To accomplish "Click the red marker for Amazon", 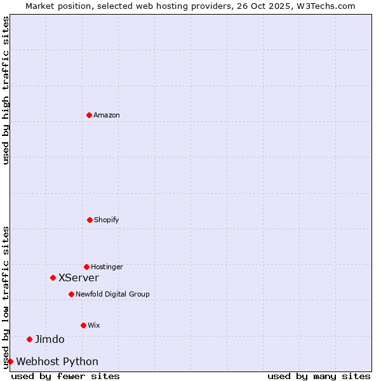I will click(89, 115).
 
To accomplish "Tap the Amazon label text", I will click(107, 116).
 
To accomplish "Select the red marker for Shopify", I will click(90, 220).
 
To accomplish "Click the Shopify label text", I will click(107, 220).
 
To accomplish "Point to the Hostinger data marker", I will click(86, 267).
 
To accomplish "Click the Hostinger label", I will click(107, 267).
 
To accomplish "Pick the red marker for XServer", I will click(53, 277).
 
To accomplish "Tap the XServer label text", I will click(79, 278).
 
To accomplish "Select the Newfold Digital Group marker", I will click(71, 294).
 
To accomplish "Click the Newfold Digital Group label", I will click(112, 295).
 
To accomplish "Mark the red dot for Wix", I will click(83, 325).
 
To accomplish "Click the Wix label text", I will click(94, 326).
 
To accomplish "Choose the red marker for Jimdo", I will click(29, 339).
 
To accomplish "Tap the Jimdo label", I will click(50, 340).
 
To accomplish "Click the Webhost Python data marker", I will click(10, 361).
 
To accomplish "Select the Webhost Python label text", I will click(57, 362).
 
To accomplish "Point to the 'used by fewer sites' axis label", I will click(65, 377).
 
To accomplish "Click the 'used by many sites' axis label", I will click(319, 377).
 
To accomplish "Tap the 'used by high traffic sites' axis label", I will click(6, 90).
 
